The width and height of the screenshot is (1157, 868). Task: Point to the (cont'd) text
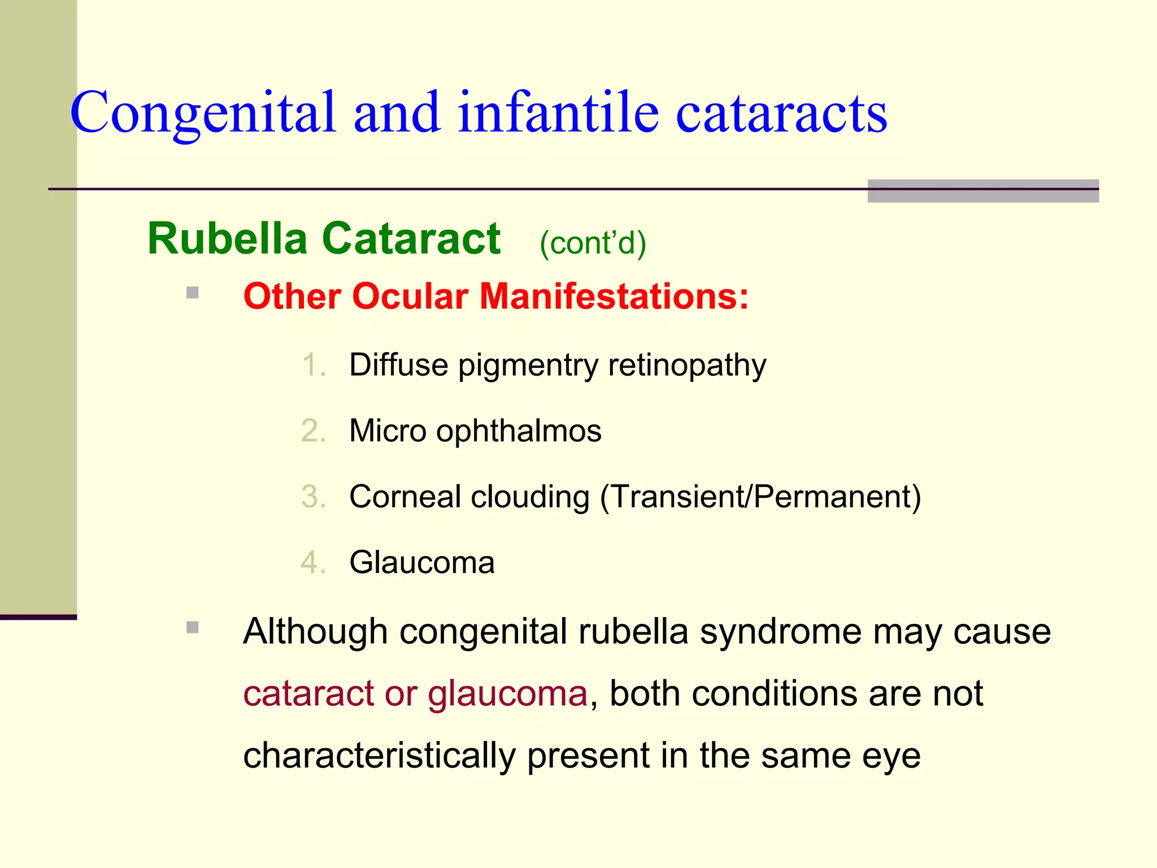(x=593, y=243)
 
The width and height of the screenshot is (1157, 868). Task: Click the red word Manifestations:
(x=614, y=296)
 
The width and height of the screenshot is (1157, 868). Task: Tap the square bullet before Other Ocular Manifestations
(x=193, y=293)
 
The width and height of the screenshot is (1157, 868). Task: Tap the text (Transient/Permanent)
(x=760, y=497)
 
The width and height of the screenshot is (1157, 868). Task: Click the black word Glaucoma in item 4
(x=422, y=563)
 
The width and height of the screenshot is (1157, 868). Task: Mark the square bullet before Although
(x=193, y=627)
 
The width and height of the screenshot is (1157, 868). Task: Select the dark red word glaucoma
(x=507, y=694)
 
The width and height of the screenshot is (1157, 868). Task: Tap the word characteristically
(x=379, y=756)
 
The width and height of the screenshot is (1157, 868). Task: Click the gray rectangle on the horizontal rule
(x=983, y=191)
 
